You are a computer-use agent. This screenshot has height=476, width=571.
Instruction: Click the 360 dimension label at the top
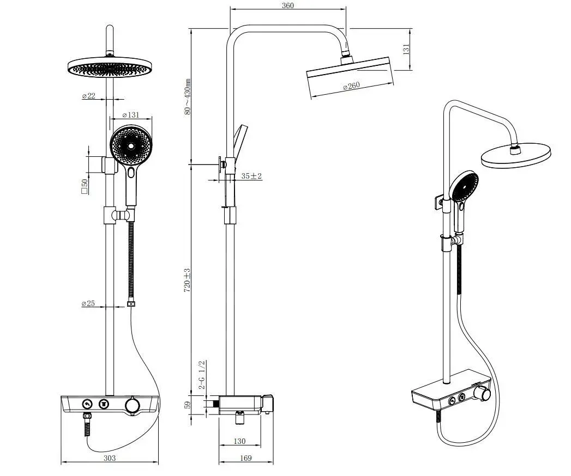pyautogui.click(x=288, y=5)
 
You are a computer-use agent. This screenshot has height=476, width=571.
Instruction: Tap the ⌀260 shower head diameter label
pyautogui.click(x=351, y=87)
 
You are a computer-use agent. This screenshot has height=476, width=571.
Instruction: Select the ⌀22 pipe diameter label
pyautogui.click(x=88, y=96)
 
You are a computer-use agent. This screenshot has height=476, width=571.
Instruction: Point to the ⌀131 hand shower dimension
pyautogui.click(x=131, y=115)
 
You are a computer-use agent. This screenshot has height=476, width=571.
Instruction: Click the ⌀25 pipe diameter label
pyautogui.click(x=88, y=303)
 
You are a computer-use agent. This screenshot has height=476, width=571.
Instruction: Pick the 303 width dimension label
pyautogui.click(x=110, y=458)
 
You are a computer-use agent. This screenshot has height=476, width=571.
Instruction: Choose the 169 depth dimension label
pyautogui.click(x=246, y=458)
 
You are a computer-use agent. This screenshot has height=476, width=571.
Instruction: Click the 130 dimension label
pyautogui.click(x=239, y=441)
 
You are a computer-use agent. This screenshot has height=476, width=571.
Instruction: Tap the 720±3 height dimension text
pyautogui.click(x=187, y=280)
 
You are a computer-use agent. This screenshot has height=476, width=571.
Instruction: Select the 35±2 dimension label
pyautogui.click(x=251, y=176)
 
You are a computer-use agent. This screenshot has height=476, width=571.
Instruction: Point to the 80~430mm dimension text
pyautogui.click(x=187, y=97)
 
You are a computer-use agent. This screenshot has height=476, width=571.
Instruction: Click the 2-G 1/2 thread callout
pyautogui.click(x=202, y=375)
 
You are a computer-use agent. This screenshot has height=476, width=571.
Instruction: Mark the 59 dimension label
pyautogui.click(x=188, y=405)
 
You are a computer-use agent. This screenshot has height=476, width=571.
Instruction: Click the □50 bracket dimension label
pyautogui.click(x=85, y=186)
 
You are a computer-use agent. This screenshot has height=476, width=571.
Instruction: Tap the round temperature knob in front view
pyautogui.click(x=131, y=405)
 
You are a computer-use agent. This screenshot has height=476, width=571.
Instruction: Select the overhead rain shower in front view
pyautogui.click(x=109, y=67)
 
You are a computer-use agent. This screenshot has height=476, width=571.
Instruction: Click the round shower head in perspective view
pyautogui.click(x=516, y=155)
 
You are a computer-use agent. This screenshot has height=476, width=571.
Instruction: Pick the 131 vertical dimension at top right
pyautogui.click(x=406, y=49)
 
